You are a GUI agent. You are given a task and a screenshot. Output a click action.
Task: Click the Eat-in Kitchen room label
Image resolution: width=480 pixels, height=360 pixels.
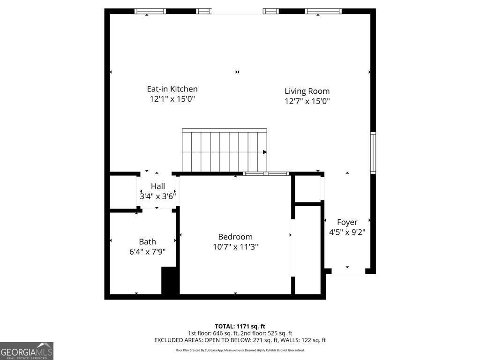coord(172,89)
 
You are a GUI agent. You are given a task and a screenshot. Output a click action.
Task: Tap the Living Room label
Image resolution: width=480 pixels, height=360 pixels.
coord(307,91)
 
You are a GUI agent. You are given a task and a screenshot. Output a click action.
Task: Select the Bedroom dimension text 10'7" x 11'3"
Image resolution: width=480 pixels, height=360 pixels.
coord(235,247)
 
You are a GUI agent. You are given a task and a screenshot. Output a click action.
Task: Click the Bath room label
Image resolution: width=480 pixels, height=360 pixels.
coord(147,241)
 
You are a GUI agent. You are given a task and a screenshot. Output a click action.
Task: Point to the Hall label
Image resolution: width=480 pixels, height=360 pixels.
coord(157,186)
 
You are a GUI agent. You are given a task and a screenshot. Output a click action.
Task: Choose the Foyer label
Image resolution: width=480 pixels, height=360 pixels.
coord(347,222)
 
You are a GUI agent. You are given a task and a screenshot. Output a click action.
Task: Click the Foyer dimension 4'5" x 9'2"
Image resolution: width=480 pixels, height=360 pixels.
coord(347,232)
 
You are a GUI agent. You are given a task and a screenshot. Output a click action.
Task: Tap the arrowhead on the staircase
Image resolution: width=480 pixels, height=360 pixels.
coord(265,152)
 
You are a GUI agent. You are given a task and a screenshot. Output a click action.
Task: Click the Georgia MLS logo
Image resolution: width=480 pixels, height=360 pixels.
coord(27,351)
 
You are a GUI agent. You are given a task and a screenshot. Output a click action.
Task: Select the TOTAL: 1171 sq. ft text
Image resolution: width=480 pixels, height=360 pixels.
coord(240,326)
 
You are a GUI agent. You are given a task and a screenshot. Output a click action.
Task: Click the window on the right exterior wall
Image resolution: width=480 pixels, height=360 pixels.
coord(373,153)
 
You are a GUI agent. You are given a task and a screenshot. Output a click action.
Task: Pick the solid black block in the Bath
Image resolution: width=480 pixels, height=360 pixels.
coord(170,281)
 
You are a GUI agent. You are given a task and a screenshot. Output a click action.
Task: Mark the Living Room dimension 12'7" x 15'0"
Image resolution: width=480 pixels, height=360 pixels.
coord(307,101)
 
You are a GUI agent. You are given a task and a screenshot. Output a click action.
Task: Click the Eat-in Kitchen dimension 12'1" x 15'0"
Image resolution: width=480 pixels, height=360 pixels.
coord(172,99)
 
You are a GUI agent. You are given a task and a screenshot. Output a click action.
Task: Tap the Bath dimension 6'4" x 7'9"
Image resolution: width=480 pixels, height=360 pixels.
coord(147,251)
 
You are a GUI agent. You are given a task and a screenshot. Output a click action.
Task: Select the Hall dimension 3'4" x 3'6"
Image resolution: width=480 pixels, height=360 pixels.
coord(157,196)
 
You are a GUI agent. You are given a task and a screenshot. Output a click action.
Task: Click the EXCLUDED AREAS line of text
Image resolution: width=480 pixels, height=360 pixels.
coord(240,340)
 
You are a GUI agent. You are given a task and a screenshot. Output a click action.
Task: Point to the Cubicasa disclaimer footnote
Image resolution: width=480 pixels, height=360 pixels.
coord(240,350)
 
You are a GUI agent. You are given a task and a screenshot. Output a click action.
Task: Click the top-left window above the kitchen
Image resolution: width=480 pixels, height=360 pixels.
coord(150,11)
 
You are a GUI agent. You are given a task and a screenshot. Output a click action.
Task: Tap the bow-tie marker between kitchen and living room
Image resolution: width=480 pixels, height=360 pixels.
coord(238,72)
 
